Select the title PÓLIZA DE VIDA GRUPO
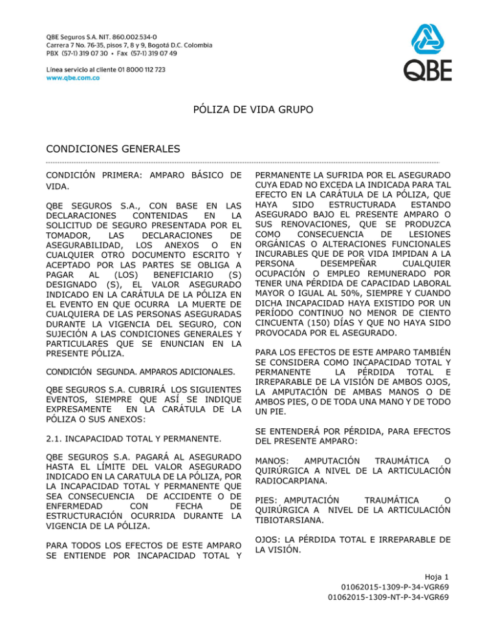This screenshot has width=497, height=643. point(248,111)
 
